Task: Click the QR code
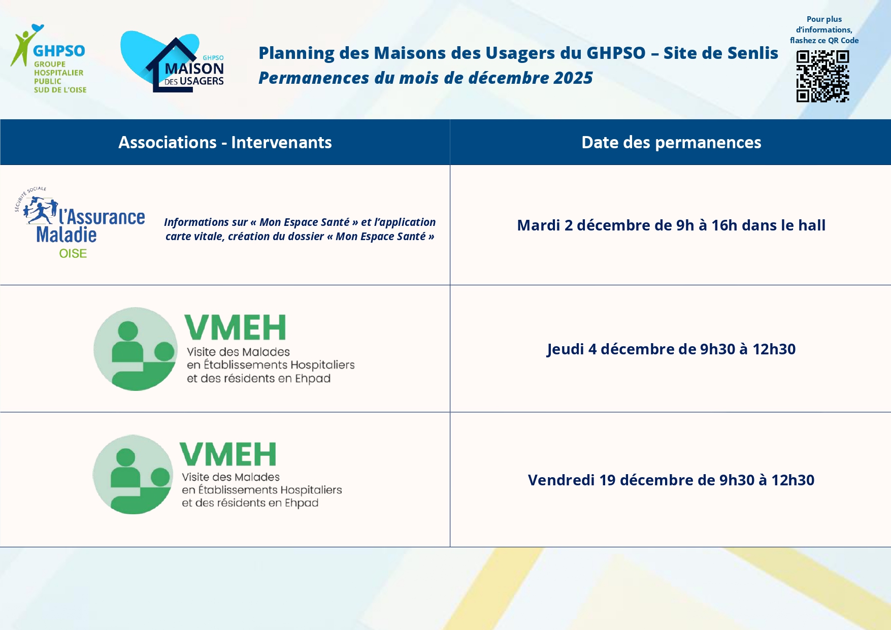822,76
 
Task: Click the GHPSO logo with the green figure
48,58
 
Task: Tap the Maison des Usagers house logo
173,62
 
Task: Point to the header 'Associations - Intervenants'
225,143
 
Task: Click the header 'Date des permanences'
671,143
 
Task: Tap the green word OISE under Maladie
73,253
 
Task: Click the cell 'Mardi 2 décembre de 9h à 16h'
671,225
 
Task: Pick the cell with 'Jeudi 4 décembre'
671,349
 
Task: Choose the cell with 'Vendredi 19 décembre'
671,480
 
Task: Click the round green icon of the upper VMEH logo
136,349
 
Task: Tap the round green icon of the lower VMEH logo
133,474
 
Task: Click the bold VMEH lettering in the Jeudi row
235,327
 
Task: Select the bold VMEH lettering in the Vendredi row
228,454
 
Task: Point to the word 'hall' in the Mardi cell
812,225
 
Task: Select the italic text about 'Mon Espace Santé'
300,229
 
